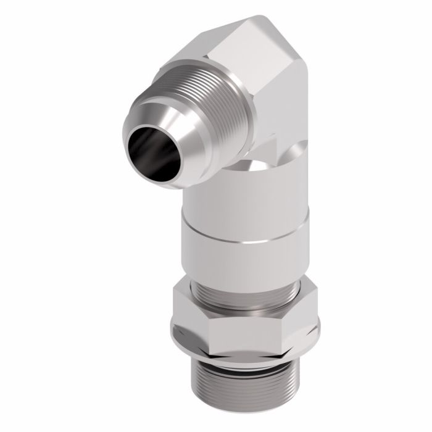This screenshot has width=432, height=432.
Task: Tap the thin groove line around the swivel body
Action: tap(244, 235)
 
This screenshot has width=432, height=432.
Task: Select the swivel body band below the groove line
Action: tap(244, 259)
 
